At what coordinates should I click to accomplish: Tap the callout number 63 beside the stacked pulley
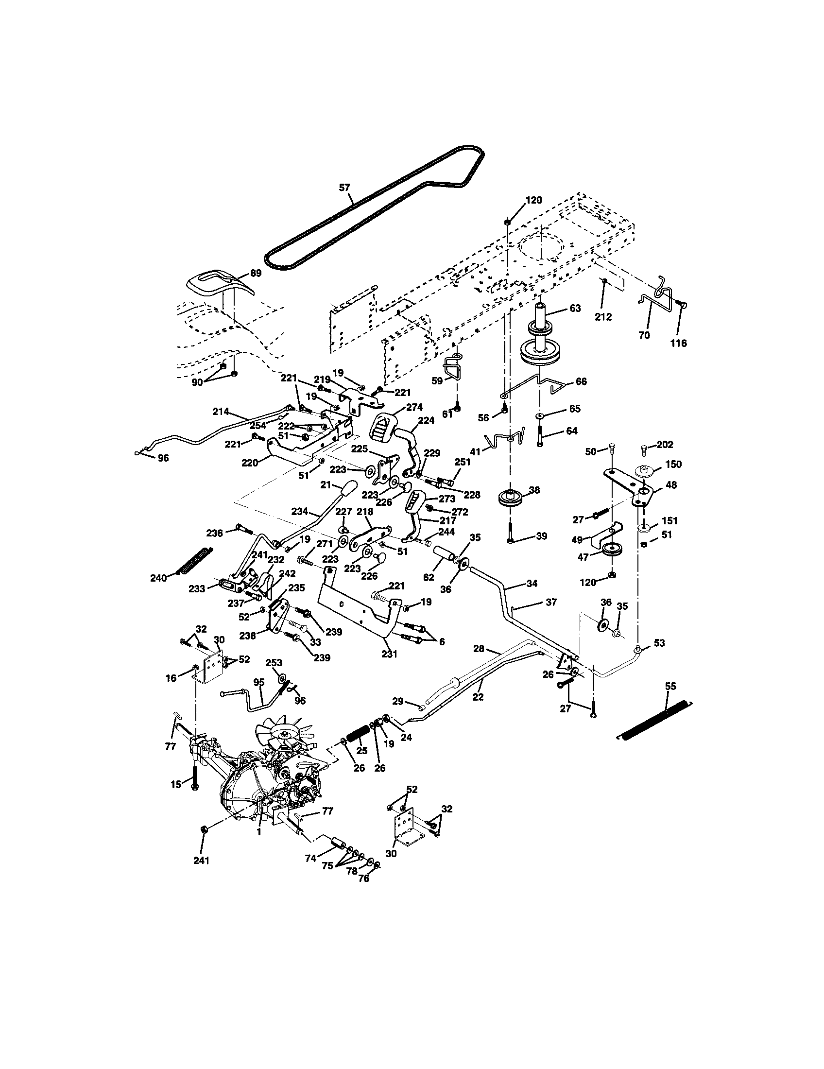tap(575, 309)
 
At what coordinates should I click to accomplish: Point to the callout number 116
tap(678, 343)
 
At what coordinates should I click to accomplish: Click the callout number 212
tap(603, 317)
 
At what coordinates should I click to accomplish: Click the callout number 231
tap(389, 654)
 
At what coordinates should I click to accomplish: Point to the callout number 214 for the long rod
tap(221, 412)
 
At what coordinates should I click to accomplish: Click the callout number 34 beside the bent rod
tap(532, 583)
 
